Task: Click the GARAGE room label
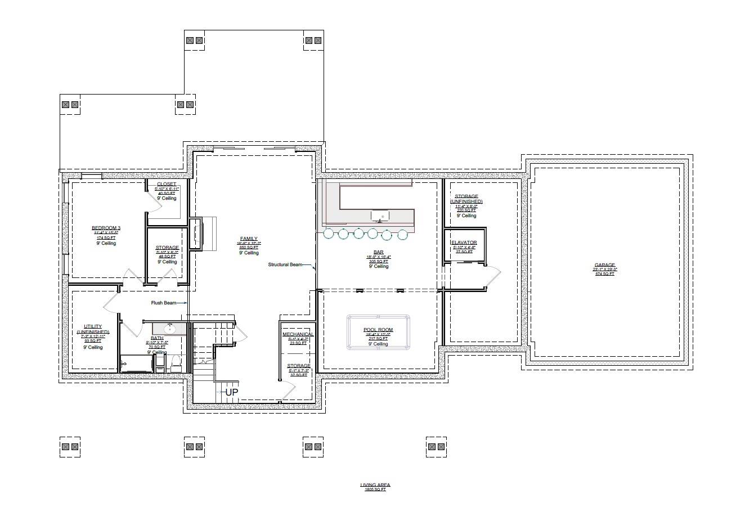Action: pyautogui.click(x=605, y=265)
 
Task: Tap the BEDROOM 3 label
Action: pyautogui.click(x=106, y=228)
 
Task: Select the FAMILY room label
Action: pyautogui.click(x=248, y=239)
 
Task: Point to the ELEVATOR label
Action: pyautogui.click(x=464, y=243)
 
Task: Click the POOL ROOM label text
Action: pyautogui.click(x=378, y=330)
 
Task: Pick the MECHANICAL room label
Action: pyautogui.click(x=298, y=334)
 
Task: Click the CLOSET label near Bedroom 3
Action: pyautogui.click(x=167, y=184)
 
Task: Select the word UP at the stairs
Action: pyautogui.click(x=232, y=392)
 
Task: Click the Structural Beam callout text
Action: pyautogui.click(x=285, y=264)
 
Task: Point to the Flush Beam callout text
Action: pyautogui.click(x=163, y=303)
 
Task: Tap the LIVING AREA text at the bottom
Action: pyautogui.click(x=375, y=484)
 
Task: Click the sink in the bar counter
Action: pyautogui.click(x=382, y=216)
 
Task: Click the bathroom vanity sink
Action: pyautogui.click(x=169, y=328)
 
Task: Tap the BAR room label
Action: pyautogui.click(x=379, y=253)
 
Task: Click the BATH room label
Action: pyautogui.click(x=157, y=338)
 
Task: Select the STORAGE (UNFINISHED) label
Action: pyautogui.click(x=466, y=199)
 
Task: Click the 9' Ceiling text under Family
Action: pyautogui.click(x=248, y=253)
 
